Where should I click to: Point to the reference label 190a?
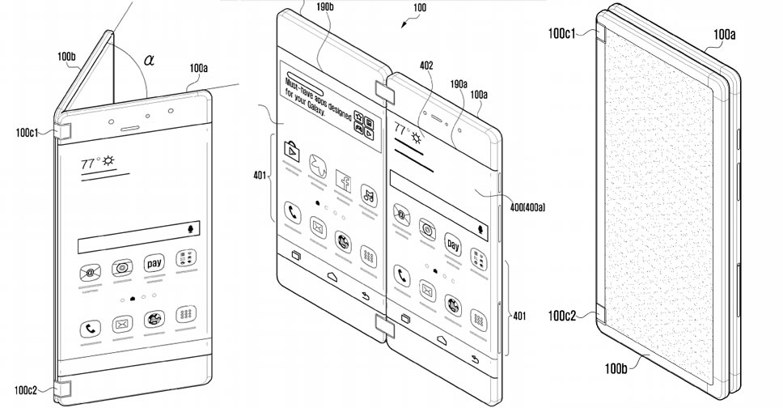tap(460, 83)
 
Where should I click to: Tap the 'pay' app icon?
tap(154, 264)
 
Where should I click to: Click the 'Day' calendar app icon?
tap(453, 244)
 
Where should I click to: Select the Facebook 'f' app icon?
tap(341, 183)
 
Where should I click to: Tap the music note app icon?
tap(369, 193)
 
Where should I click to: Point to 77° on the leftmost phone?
tap(89, 163)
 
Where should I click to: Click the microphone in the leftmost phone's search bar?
tap(193, 229)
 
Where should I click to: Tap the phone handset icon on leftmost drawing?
tap(90, 329)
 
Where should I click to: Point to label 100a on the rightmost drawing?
tap(726, 34)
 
